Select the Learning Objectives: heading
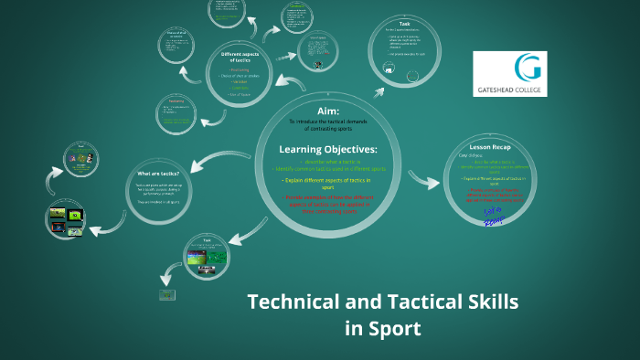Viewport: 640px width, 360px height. point(326,149)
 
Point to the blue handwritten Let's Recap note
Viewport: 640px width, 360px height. point(492,217)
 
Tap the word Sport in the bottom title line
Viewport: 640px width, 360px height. point(396,328)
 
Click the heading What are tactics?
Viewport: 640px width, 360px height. point(157,174)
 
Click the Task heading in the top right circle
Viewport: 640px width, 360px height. point(404,24)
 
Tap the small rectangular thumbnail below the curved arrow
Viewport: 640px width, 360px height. point(166,295)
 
